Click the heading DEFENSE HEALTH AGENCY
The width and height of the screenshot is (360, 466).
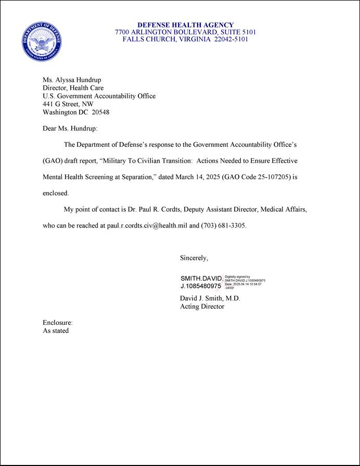point(185,25)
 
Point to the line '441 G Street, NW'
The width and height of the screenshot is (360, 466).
point(68,104)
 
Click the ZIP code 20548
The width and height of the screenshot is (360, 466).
point(100,112)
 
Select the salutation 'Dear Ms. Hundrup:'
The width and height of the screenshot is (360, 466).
point(70,128)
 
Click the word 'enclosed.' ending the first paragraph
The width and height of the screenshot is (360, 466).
point(56,193)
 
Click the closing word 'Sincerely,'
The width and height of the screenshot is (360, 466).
point(194,258)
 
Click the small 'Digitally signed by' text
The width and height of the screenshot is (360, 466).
point(238,277)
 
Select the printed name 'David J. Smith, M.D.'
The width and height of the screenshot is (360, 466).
point(210,299)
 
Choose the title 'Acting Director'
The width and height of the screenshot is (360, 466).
point(202,307)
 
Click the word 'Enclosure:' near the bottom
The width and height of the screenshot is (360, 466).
point(58,323)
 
